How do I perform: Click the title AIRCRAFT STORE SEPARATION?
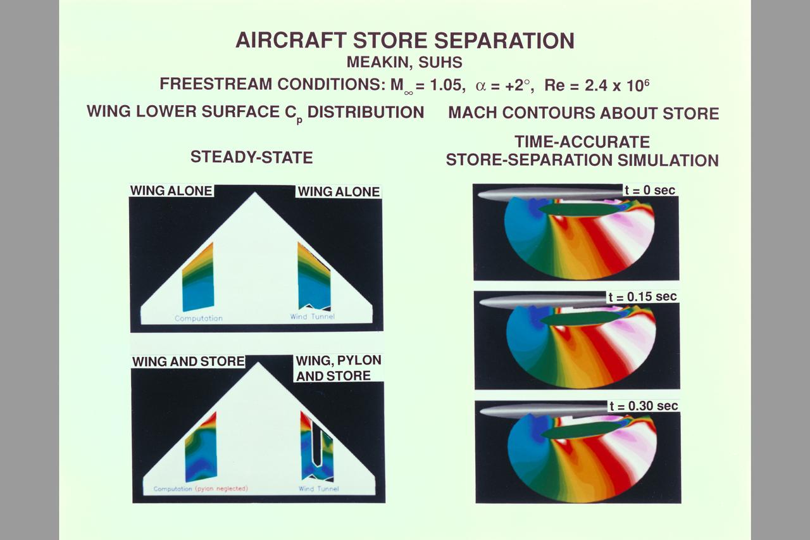tap(405, 41)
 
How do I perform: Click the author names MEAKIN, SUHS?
tap(405, 63)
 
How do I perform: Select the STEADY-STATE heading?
tap(251, 157)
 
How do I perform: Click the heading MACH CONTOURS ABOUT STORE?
tap(583, 113)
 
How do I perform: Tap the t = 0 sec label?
tap(649, 190)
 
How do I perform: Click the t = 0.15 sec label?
tap(642, 297)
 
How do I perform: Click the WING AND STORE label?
tap(188, 361)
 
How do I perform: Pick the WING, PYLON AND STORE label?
tap(339, 368)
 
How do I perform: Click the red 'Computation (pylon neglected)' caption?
tap(201, 489)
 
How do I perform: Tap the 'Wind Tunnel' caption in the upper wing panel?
tap(313, 316)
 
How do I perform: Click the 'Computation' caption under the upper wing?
tap(199, 318)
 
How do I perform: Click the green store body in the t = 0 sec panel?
tap(579, 209)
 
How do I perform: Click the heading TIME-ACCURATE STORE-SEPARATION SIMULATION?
tap(582, 151)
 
